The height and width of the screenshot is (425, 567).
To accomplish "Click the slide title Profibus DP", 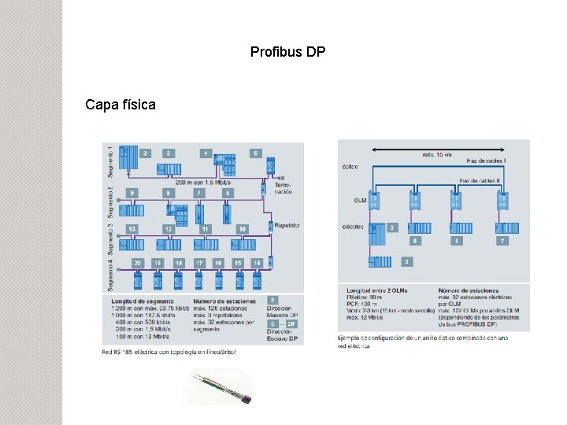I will pos(287,52).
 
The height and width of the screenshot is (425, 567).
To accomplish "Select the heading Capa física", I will pos(120,104).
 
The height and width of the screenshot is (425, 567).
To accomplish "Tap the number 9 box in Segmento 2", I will pos(132,193).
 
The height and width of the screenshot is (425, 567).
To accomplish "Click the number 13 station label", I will pos(132,228).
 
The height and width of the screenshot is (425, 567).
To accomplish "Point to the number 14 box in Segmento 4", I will pos(257,263).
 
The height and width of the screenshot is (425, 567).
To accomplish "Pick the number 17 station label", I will pos(198,263).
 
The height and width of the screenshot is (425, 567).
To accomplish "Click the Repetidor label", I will pos(287,225).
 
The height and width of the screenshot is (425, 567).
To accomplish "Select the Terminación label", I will pos(283,186).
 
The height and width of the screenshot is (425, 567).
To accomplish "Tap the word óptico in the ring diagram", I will pos(351,166).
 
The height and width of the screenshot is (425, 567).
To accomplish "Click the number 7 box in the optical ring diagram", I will pos(502,240).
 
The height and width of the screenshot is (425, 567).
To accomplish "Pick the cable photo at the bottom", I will pos(218,386).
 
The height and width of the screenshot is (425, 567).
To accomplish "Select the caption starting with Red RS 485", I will pos(169,352).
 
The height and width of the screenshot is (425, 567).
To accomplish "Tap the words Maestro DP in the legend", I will pos(280,316).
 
